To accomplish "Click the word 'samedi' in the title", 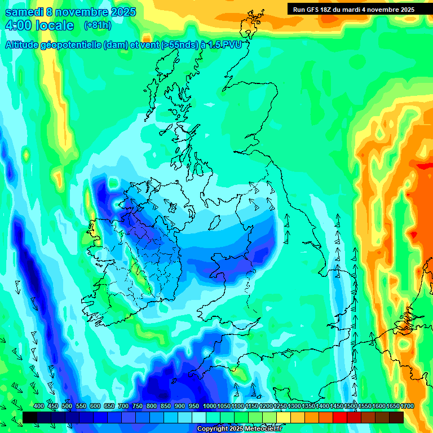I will [x=25, y=12].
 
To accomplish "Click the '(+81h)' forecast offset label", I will [x=98, y=25].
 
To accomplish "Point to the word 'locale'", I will [x=55, y=25].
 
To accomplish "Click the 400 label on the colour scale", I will [x=38, y=406].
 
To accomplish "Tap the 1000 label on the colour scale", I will [x=209, y=406].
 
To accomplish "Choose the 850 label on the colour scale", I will [x=165, y=406].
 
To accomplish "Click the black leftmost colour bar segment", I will [x=30, y=417].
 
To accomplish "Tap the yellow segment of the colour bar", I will [x=284, y=417].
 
